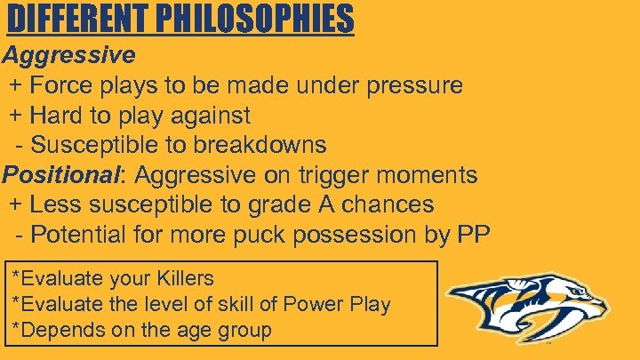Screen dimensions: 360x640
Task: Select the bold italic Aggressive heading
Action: tap(68, 55)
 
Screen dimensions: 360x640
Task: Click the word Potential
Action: tap(85, 235)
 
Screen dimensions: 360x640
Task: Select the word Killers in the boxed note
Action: tap(184, 278)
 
